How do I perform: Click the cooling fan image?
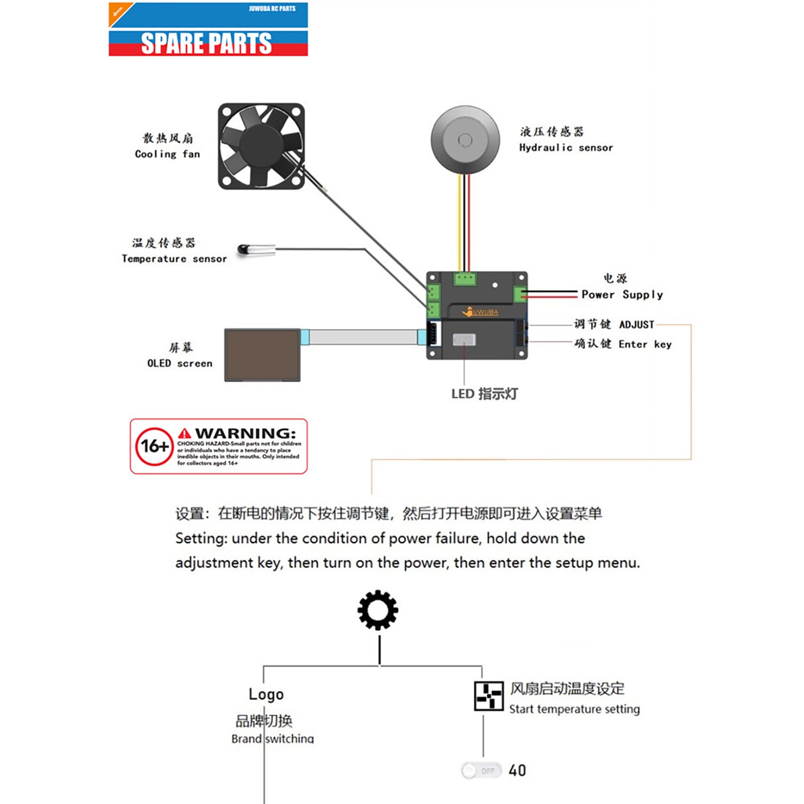[261, 146]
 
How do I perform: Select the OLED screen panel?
[262, 355]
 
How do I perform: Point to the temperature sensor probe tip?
[242, 249]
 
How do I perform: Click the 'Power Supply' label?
[622, 294]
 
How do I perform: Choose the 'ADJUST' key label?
[636, 324]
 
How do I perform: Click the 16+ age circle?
[154, 446]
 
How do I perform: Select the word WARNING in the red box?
[245, 433]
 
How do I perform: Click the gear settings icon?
[378, 610]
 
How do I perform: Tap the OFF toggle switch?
[481, 771]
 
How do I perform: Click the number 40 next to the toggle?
[517, 771]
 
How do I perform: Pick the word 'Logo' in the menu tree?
[266, 694]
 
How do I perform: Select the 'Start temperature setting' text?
[574, 709]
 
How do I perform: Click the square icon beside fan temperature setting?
[488, 696]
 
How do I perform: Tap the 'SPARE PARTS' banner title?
[206, 43]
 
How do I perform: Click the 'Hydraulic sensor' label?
[565, 147]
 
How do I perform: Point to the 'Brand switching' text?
[272, 739]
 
